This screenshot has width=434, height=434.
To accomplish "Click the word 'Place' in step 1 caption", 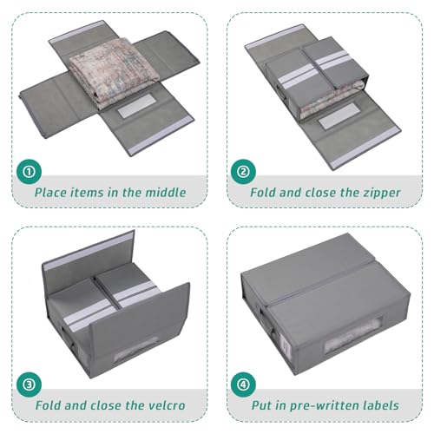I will (x=54, y=192).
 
